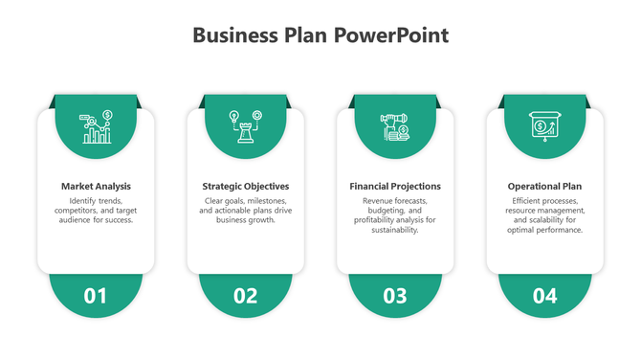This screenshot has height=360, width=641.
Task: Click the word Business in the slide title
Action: [234, 36]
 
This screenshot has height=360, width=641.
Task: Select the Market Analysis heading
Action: [96, 186]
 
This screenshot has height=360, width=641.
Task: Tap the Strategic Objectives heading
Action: [246, 186]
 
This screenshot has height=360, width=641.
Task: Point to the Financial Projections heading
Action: [395, 186]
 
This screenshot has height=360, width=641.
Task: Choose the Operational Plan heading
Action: [545, 186]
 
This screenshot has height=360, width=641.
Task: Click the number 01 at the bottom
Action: [96, 296]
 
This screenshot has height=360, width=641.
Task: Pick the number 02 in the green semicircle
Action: [246, 296]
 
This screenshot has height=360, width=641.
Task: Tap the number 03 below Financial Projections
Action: [395, 296]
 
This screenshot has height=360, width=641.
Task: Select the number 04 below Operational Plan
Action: [545, 296]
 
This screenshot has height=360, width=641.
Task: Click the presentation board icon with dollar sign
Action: [545, 127]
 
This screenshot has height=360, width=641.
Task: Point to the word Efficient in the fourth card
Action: [530, 201]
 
